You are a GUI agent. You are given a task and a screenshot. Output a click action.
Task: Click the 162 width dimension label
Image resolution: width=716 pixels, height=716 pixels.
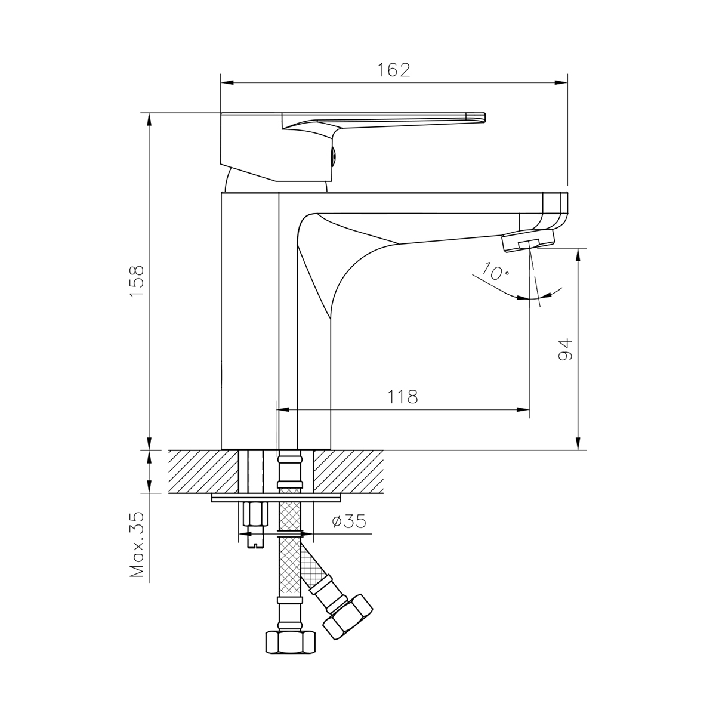[x=394, y=70]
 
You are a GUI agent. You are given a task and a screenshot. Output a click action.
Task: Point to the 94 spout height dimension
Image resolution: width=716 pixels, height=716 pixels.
[x=565, y=349]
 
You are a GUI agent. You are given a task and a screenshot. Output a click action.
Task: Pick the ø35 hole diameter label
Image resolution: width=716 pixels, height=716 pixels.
[x=348, y=522]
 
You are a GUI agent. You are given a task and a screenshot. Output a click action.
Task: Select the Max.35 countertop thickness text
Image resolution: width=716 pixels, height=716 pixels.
[x=138, y=544]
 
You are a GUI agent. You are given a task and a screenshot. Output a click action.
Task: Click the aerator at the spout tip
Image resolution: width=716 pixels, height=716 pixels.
[x=529, y=242]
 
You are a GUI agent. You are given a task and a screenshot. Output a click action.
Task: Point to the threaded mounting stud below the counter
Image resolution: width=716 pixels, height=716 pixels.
[x=255, y=525]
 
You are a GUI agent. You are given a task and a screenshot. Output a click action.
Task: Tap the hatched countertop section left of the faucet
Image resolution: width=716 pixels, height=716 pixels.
[x=203, y=471]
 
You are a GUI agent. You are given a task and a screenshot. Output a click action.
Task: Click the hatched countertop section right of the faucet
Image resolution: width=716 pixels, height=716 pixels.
[x=348, y=471]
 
